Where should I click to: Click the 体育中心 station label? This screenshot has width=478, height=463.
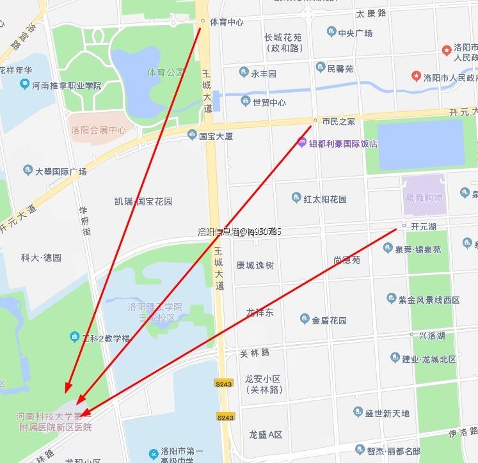tap(227, 22)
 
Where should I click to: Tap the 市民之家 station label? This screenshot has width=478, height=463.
tap(339, 121)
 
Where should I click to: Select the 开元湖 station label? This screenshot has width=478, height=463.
tap(423, 226)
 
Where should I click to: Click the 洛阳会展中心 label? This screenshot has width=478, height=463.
tap(99, 130)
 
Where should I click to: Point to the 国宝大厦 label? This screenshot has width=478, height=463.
tap(216, 136)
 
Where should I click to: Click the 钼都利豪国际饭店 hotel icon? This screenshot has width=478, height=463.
tap(302, 143)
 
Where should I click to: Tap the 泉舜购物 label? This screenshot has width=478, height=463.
tap(424, 198)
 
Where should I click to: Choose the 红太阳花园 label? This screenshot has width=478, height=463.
tap(325, 198)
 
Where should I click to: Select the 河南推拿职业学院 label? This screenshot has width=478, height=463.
tap(67, 85)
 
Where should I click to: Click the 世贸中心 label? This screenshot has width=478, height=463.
tap(269, 102)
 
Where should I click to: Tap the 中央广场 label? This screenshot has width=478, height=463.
tap(355, 33)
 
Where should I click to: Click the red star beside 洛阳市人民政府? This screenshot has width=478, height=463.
tap(417, 77)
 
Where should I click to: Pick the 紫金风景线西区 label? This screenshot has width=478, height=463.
tap(429, 299)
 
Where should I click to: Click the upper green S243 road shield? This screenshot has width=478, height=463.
tap(223, 384)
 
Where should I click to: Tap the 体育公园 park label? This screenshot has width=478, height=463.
tap(165, 72)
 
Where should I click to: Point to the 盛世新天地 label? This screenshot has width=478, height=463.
tap(387, 414)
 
